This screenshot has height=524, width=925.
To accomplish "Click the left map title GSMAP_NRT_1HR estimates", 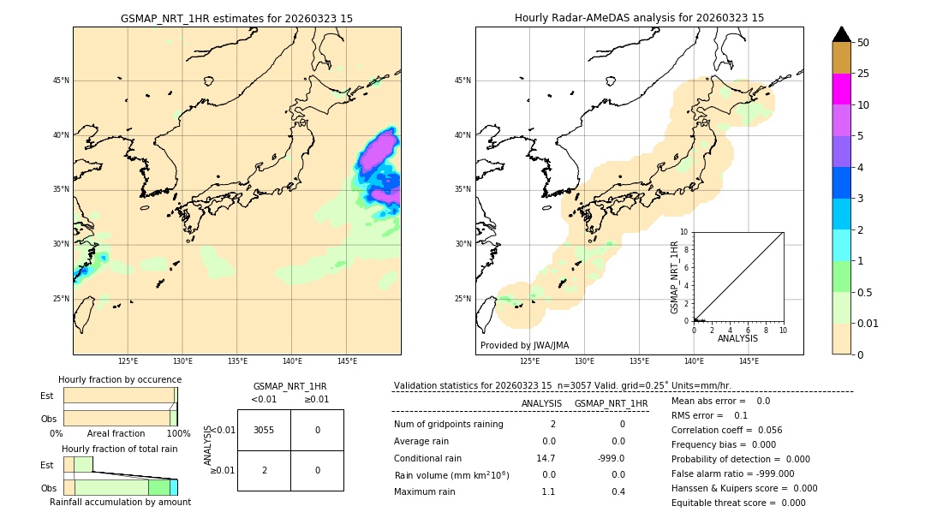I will pos(236,18).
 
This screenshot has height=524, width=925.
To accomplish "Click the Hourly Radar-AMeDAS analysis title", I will pos(639,18).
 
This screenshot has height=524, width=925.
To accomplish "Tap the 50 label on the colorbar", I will pos(863,43).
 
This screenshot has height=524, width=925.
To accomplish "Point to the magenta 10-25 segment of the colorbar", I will pos(841,89).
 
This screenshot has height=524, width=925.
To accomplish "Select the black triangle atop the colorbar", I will pos(841,34).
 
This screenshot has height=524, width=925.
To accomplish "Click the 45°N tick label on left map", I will pos(61,80).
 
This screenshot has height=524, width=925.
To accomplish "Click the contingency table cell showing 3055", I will pos(264,431).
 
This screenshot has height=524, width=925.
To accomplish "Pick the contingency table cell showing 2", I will pos(264,470).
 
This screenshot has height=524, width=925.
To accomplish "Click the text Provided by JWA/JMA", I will pos(524,346).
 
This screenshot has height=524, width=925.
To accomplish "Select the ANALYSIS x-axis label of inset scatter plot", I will pos(737,339).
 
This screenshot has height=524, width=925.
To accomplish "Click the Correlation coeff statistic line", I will pos(726,430).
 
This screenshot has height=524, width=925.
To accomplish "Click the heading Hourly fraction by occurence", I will pos(120,379).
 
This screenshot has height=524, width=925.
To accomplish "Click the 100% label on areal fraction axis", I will pos(178,434).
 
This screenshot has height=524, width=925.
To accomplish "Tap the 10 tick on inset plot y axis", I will pos(683,232).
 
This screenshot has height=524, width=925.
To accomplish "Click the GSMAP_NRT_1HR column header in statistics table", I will pos(611,403).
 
